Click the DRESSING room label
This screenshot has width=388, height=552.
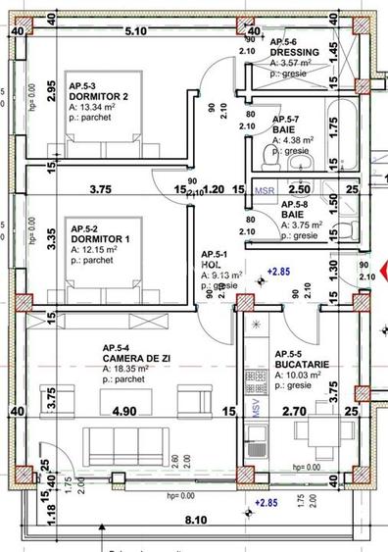pos(296,52)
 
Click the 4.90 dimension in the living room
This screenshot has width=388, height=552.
pos(123,413)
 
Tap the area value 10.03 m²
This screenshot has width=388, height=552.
pos(297,376)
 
